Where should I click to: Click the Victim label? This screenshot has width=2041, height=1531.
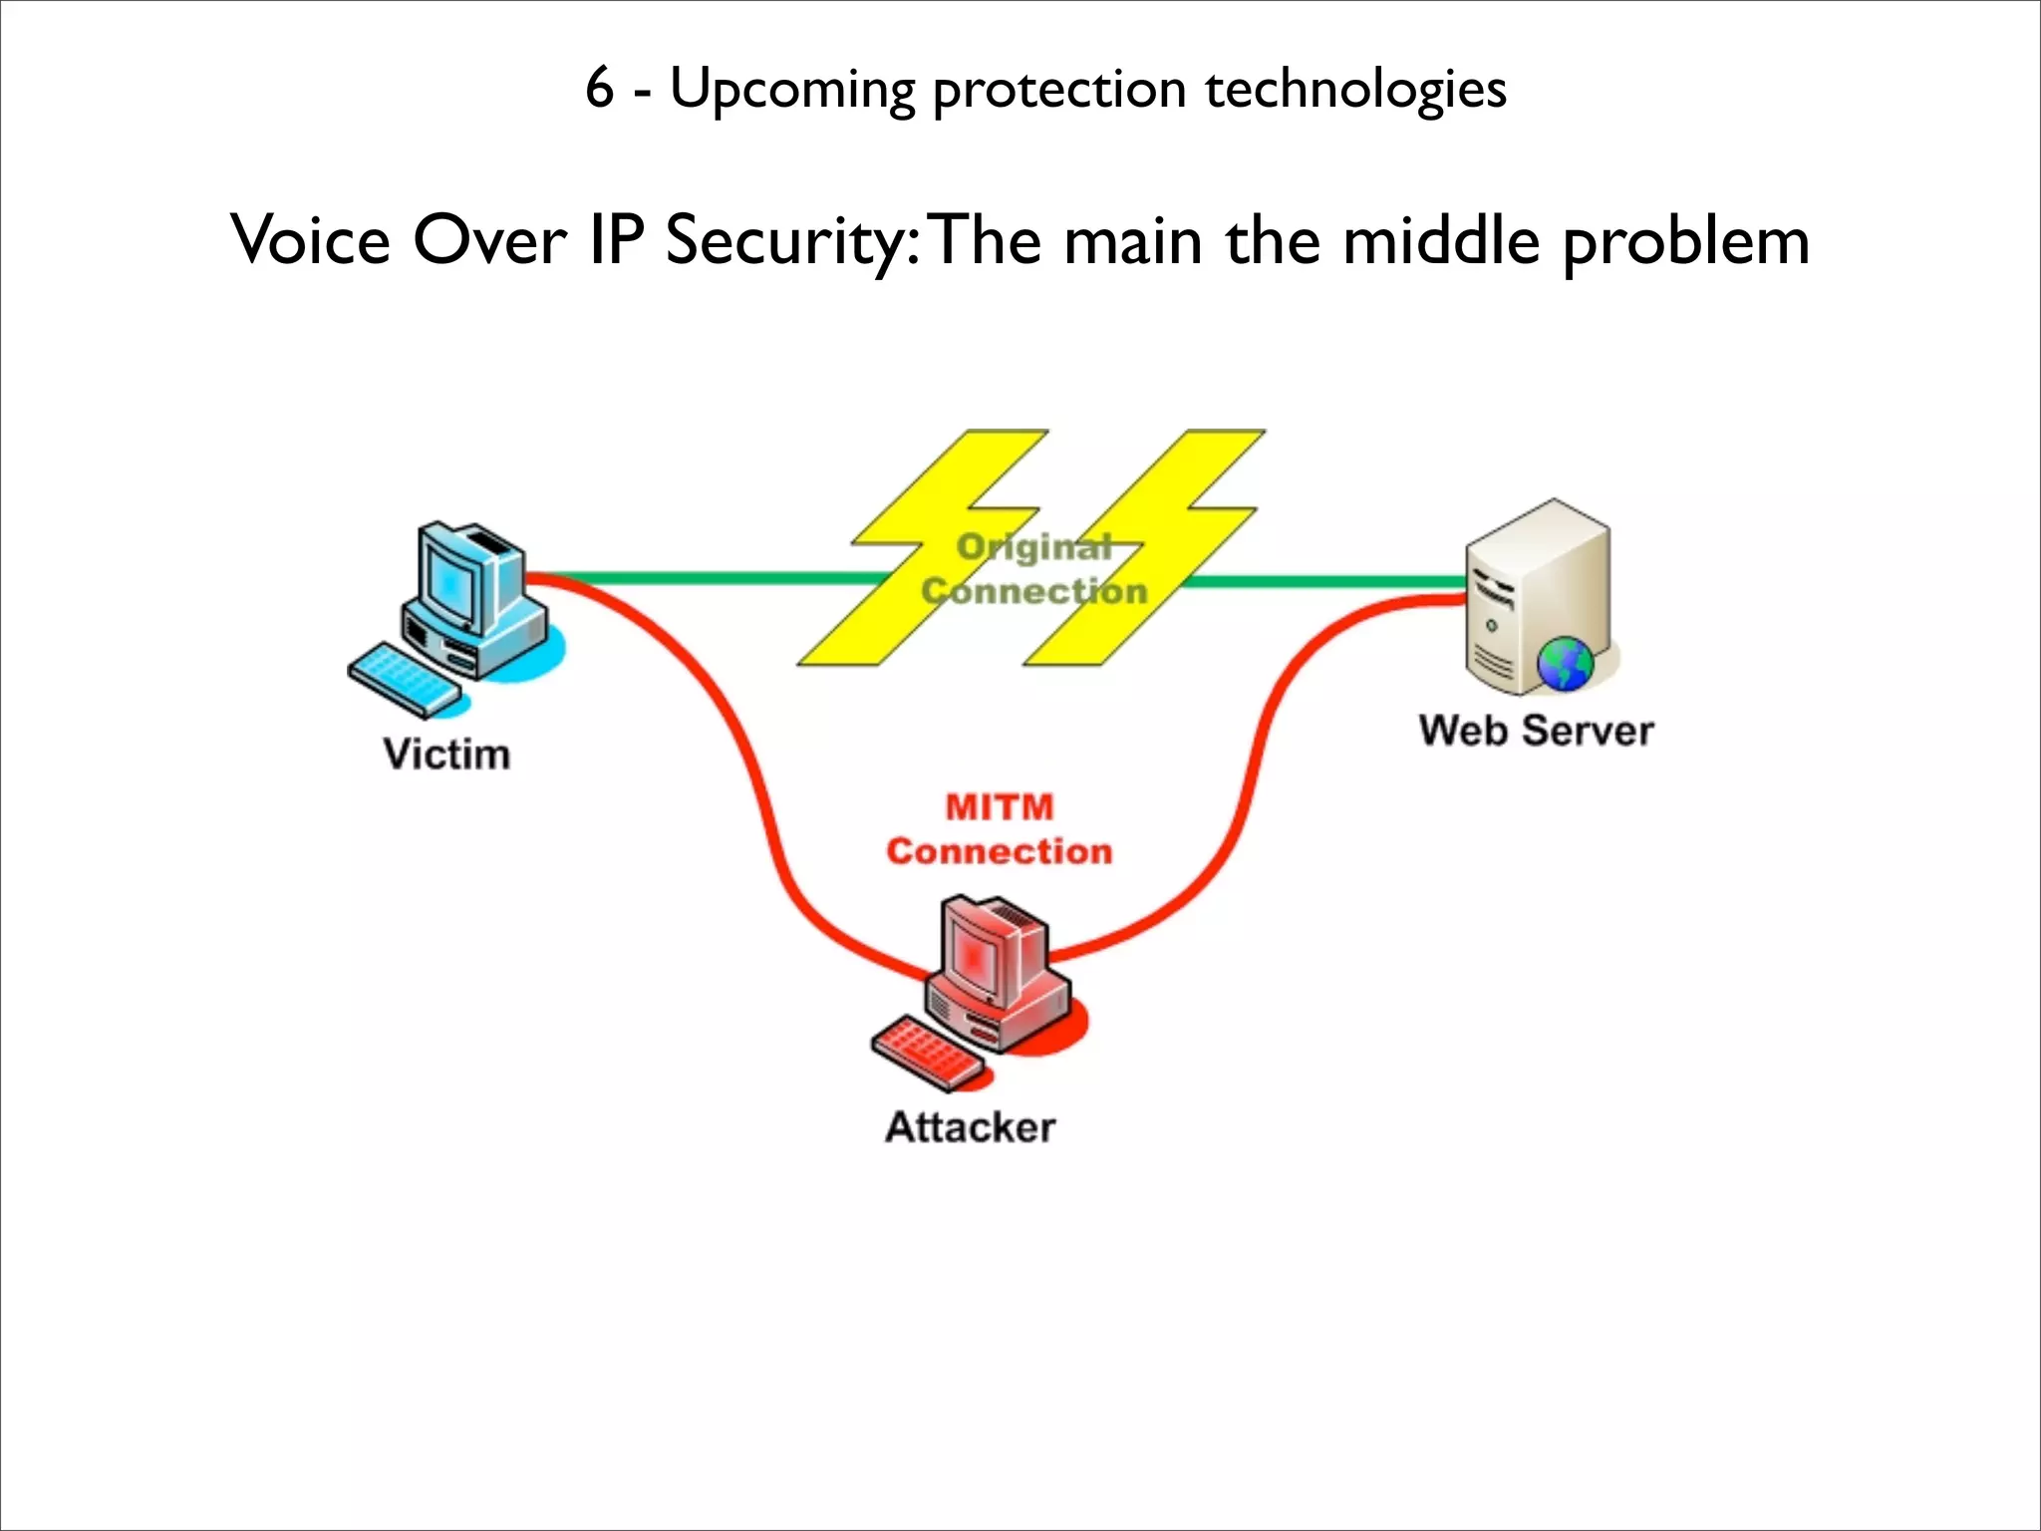[446, 755]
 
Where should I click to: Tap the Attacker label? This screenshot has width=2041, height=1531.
[970, 1127]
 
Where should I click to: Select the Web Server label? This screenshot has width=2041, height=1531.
[1536, 731]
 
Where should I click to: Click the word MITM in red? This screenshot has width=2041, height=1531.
[999, 806]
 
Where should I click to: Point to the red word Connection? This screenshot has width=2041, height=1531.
[999, 851]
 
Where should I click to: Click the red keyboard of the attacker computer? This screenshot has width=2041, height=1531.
[926, 1053]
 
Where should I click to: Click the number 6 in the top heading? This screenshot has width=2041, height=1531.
[599, 88]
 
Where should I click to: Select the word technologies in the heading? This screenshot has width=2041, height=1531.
[1355, 90]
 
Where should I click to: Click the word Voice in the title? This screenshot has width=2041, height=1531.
[310, 241]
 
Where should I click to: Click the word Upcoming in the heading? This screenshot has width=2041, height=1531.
[791, 90]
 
